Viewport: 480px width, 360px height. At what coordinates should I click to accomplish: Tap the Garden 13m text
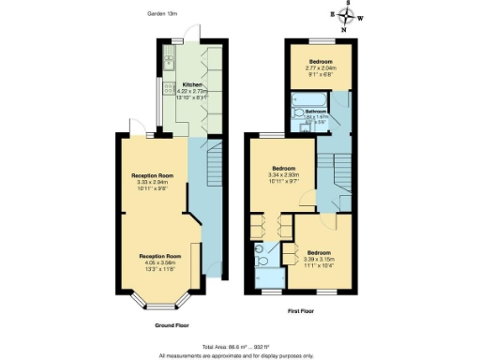coord(163,13)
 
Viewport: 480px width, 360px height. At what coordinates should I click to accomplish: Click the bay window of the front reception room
coord(155,298)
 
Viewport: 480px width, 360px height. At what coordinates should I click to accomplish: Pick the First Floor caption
coord(299,307)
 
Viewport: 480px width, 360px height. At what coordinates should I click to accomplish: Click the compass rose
coord(348,17)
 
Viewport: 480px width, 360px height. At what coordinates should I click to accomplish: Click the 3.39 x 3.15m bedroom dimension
coord(320,259)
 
